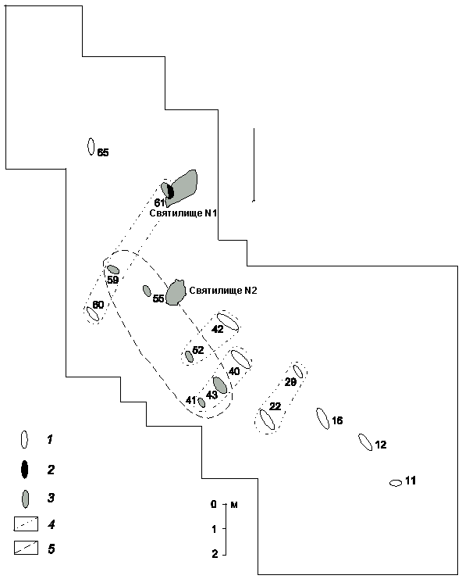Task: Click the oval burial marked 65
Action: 91,147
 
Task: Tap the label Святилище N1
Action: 183,213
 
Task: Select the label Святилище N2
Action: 222,291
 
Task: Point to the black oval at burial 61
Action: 170,191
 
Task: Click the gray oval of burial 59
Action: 113,270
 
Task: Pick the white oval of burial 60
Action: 93,314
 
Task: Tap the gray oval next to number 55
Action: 147,291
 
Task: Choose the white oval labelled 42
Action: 228,322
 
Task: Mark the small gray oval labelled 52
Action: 189,357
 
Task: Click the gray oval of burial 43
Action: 220,385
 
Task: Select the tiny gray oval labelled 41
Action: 201,402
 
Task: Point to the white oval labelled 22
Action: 267,420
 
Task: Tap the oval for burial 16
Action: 323,419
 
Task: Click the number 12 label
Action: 381,445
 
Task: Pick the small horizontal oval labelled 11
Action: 396,483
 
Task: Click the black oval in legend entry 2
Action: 24,470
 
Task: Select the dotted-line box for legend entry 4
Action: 27,524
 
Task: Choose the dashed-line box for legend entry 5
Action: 27,548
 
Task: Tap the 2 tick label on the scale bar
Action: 215,554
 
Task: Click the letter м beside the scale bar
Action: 234,505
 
